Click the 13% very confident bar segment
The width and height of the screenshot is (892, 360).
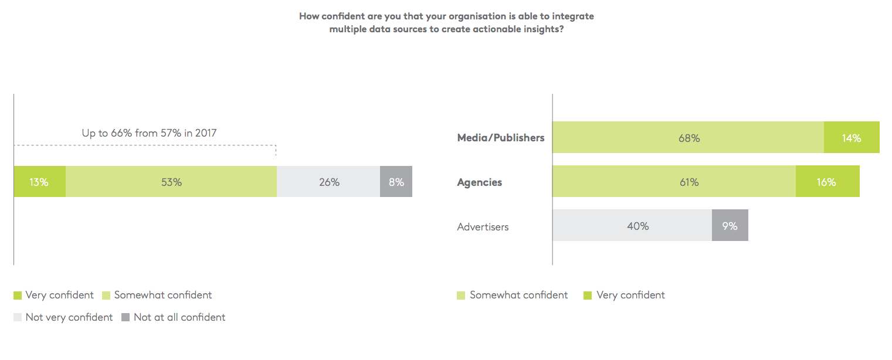[x=39, y=182]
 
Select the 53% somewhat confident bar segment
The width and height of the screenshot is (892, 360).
[x=171, y=182]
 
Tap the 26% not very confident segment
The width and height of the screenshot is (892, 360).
[x=328, y=182]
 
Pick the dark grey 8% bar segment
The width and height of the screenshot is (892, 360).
[x=396, y=182]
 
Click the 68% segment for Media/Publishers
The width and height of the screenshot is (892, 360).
[x=688, y=138]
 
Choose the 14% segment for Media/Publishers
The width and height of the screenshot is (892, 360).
[x=852, y=138]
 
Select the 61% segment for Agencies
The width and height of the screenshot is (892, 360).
[x=674, y=182]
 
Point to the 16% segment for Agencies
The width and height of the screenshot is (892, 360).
[x=827, y=182]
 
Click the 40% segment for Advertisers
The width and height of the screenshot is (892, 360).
[x=632, y=226]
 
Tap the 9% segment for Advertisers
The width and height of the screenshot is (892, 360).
[x=730, y=226]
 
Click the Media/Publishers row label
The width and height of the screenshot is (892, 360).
[x=501, y=138]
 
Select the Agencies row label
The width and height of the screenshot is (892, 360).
[x=480, y=182]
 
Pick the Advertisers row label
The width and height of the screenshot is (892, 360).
[x=483, y=226]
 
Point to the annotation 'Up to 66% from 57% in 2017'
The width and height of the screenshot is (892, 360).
[x=149, y=133]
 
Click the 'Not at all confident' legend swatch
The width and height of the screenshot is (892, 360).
[x=126, y=318]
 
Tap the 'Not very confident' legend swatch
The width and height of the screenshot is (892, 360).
[x=18, y=318]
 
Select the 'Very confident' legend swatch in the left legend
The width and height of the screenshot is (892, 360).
[x=18, y=296]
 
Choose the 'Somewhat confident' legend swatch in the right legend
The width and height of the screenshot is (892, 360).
[x=462, y=296]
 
